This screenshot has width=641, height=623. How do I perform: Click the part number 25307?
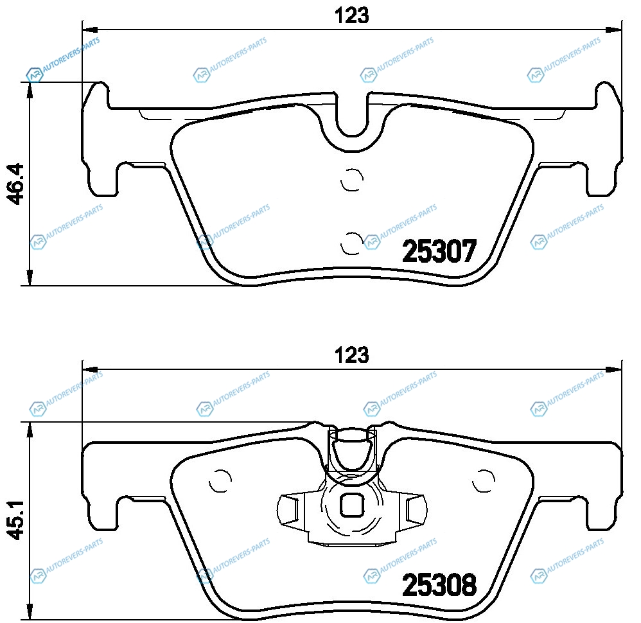[439, 251]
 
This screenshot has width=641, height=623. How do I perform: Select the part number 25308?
[439, 585]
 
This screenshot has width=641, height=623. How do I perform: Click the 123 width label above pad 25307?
[351, 16]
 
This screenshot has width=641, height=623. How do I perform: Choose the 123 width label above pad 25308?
[351, 355]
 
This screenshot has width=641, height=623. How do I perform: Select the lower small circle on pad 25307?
[352, 243]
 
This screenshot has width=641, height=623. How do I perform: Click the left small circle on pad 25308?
[220, 481]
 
